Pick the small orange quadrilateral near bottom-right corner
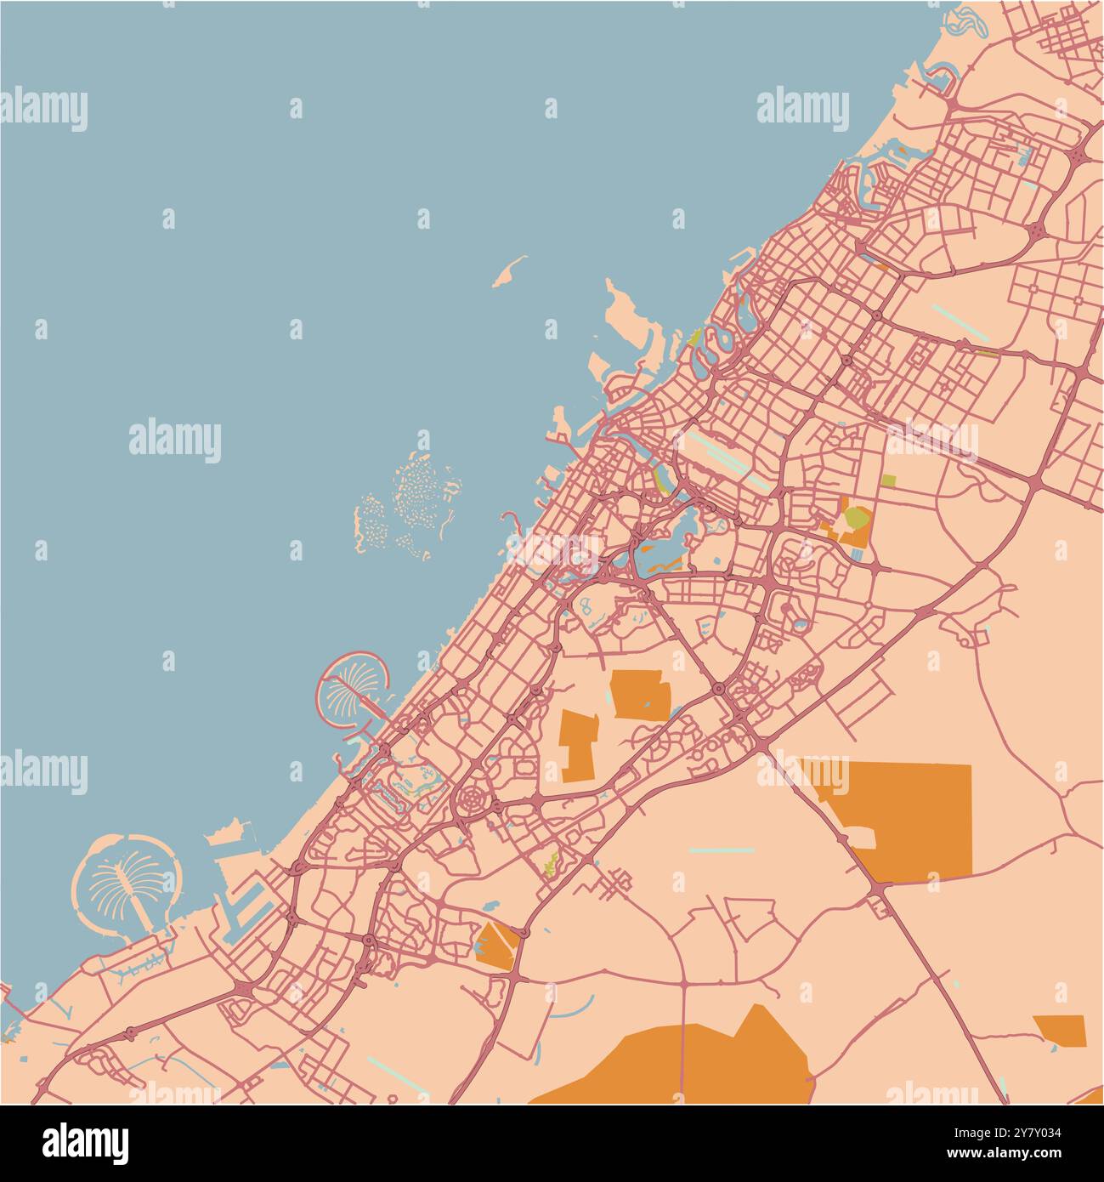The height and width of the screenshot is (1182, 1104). pos(1060,1029)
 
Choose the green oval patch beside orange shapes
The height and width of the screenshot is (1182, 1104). pos(857,517)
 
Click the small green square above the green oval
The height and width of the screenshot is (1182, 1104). pos(889,480)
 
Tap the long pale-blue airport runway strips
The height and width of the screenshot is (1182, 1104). pos(722,457)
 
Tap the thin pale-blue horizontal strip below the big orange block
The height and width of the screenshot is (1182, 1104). pos(722,850)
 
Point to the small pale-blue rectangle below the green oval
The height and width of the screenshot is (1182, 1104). pos(857,555)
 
